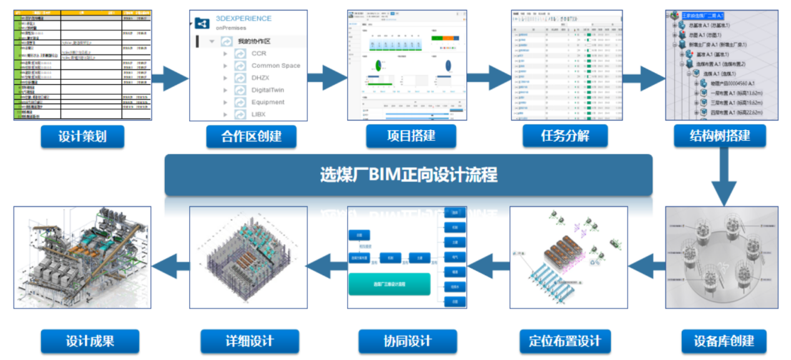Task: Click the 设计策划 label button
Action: tap(82, 137)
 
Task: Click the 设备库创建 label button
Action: tap(724, 341)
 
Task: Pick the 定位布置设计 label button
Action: tap(564, 341)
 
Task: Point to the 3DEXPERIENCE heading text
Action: tap(243, 19)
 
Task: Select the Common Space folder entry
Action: tap(275, 66)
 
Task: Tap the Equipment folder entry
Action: tap(268, 102)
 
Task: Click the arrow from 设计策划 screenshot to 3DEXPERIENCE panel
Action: tap(169, 79)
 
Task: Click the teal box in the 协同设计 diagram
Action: tap(389, 284)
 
